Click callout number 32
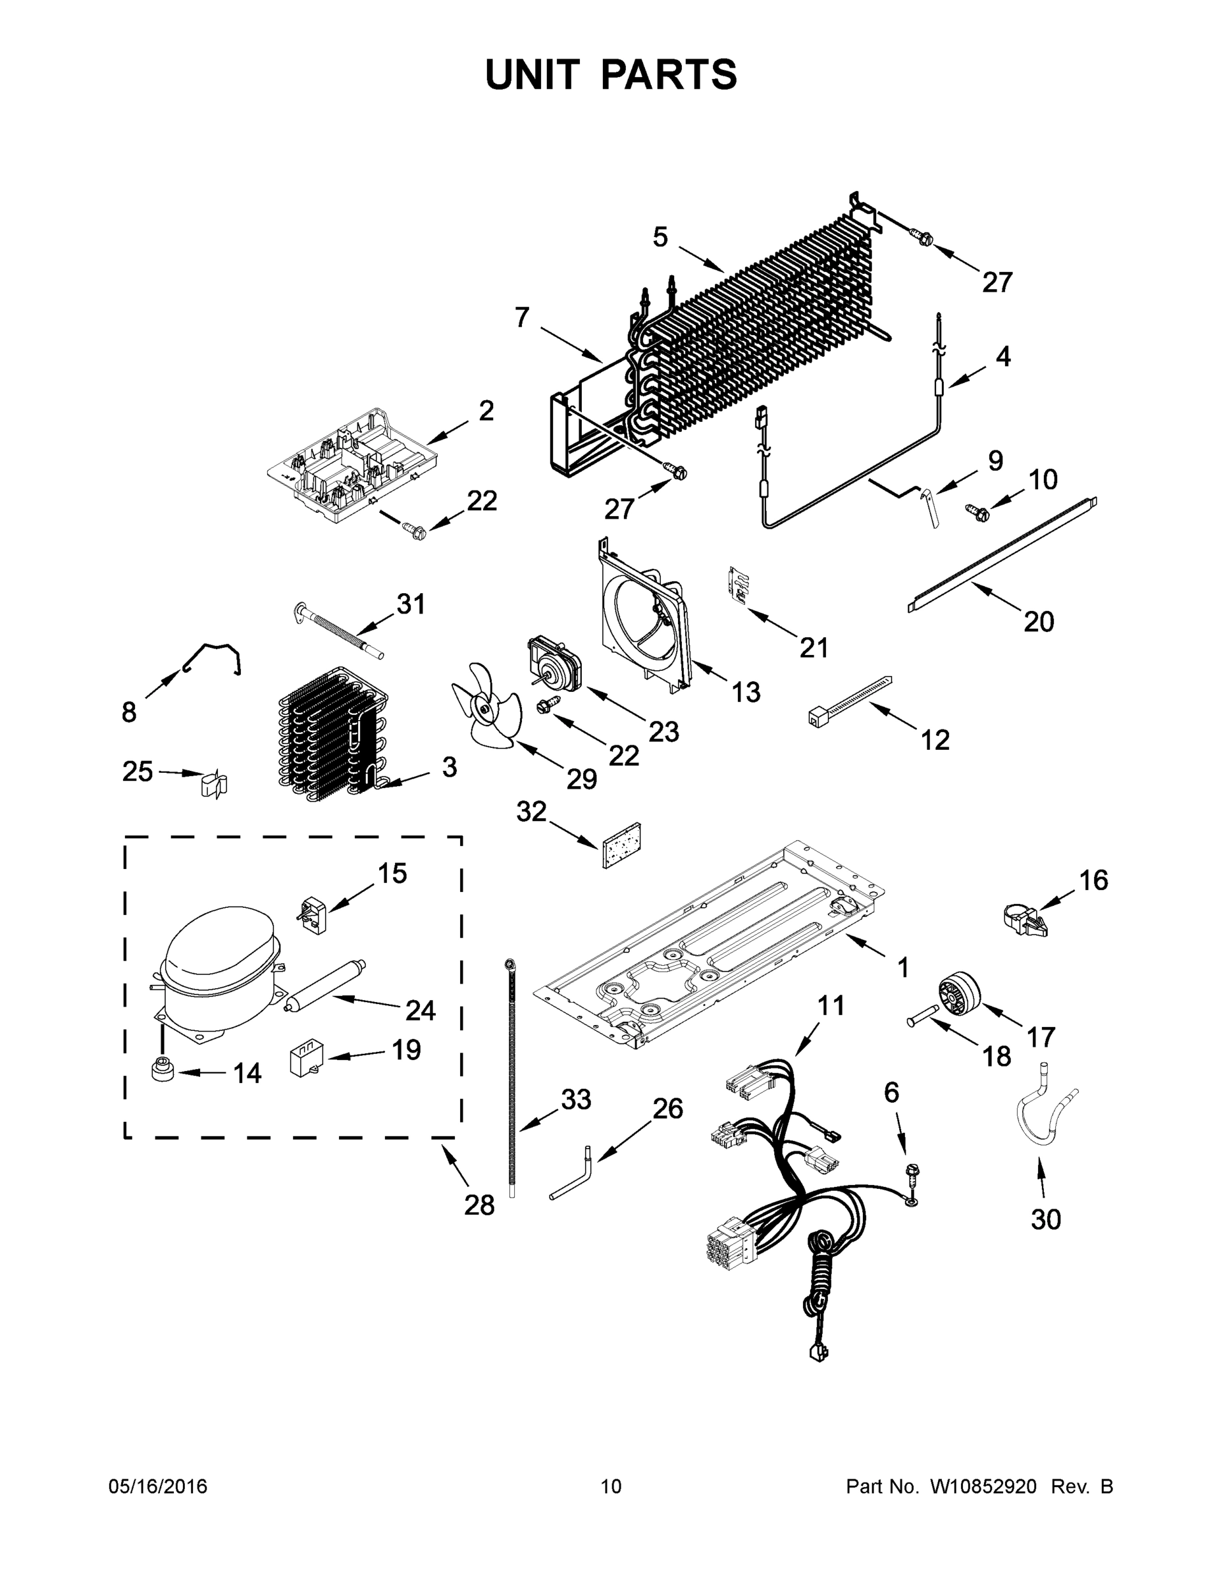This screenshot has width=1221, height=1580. tap(531, 812)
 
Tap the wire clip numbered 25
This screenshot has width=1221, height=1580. tap(213, 784)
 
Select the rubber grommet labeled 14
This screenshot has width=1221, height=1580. tap(161, 1069)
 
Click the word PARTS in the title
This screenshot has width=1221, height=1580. tap(668, 74)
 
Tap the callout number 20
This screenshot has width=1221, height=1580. tap(1038, 621)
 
